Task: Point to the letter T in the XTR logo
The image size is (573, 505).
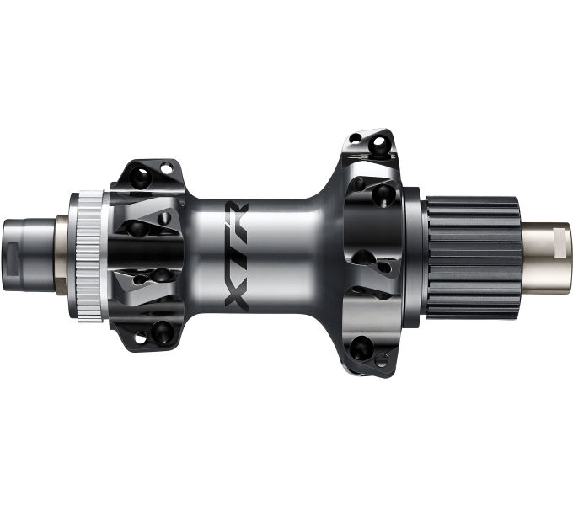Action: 236,252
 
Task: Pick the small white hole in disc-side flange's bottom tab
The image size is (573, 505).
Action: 137,338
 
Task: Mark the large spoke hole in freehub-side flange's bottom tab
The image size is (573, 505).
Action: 361,345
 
